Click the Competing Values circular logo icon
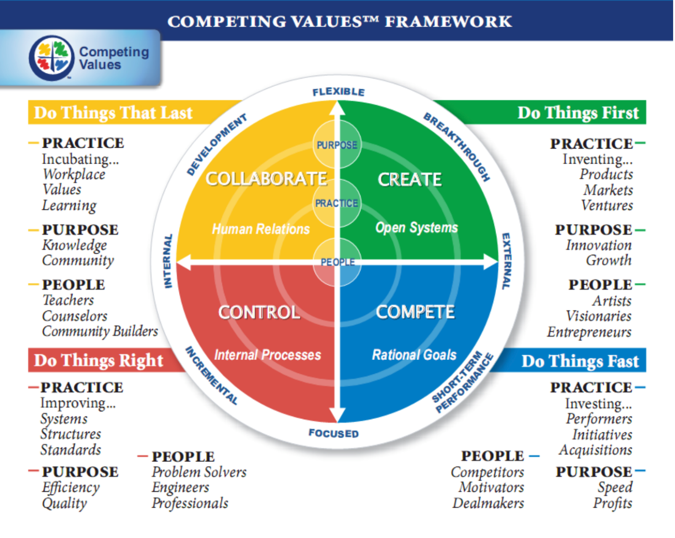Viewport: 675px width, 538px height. pos(52,58)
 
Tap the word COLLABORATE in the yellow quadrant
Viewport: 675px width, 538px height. pos(266,179)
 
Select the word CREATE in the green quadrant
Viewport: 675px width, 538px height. pos(409,179)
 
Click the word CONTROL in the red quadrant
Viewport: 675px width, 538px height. pos(259,312)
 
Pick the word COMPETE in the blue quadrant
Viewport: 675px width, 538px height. pos(415,312)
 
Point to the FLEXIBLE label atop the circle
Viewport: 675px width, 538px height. pos(338,92)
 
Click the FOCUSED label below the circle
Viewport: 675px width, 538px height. pos(333,433)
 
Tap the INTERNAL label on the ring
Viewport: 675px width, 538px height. pos(168,261)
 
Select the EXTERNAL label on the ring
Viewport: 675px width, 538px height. pos(506,261)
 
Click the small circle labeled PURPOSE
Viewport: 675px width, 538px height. pos(337,144)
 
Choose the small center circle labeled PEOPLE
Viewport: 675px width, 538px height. pos(337,262)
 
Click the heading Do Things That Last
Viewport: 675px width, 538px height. pos(113,113)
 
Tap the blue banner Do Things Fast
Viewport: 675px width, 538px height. pos(579,361)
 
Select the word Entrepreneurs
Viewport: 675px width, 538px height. pos(589,332)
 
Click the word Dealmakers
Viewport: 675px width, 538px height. pos(488,503)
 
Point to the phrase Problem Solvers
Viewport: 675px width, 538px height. pos(199,472)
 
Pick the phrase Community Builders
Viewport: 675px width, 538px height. pos(100,331)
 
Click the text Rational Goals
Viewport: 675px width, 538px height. pos(414,355)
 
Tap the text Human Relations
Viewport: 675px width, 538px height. pos(261,229)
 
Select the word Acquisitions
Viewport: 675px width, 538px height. pos(595,450)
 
